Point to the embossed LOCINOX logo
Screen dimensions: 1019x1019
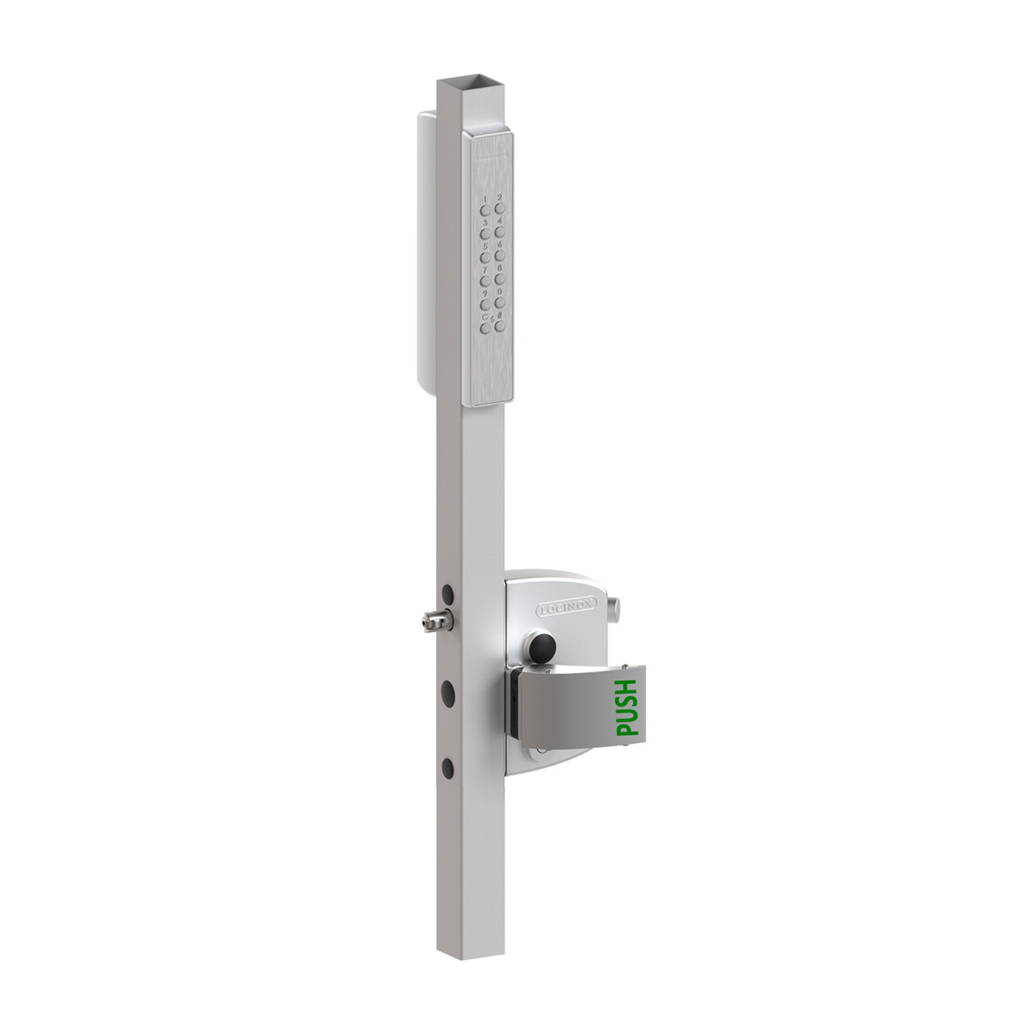click(566, 610)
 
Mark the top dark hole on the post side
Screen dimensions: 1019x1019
click(448, 595)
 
